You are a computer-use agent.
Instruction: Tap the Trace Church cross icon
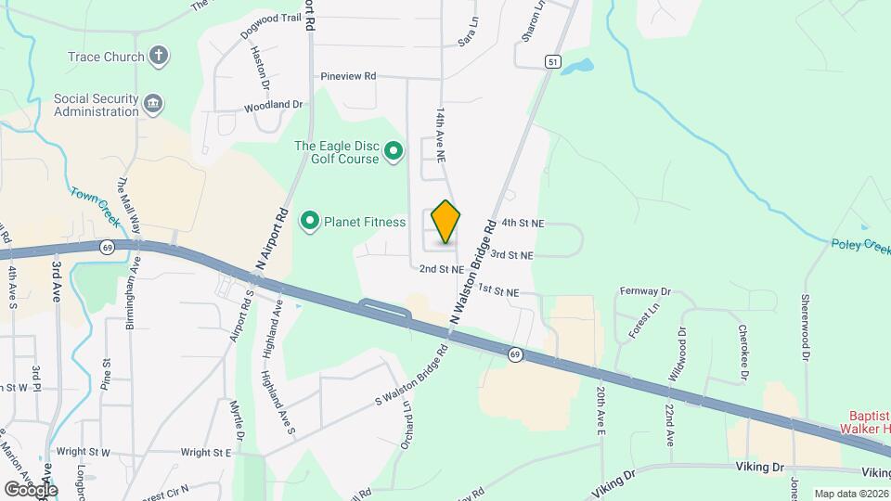tap(159, 56)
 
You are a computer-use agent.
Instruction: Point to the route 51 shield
tap(553, 61)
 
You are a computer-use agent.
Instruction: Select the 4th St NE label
tap(523, 223)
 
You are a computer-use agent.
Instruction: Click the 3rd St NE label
tap(512, 254)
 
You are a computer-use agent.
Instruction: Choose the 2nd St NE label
tap(441, 269)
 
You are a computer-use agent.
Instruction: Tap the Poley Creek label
tap(859, 243)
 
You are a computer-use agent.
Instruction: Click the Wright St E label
tap(206, 453)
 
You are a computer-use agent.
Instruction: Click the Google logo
tap(31, 490)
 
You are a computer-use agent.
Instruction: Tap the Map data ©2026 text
tap(852, 494)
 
